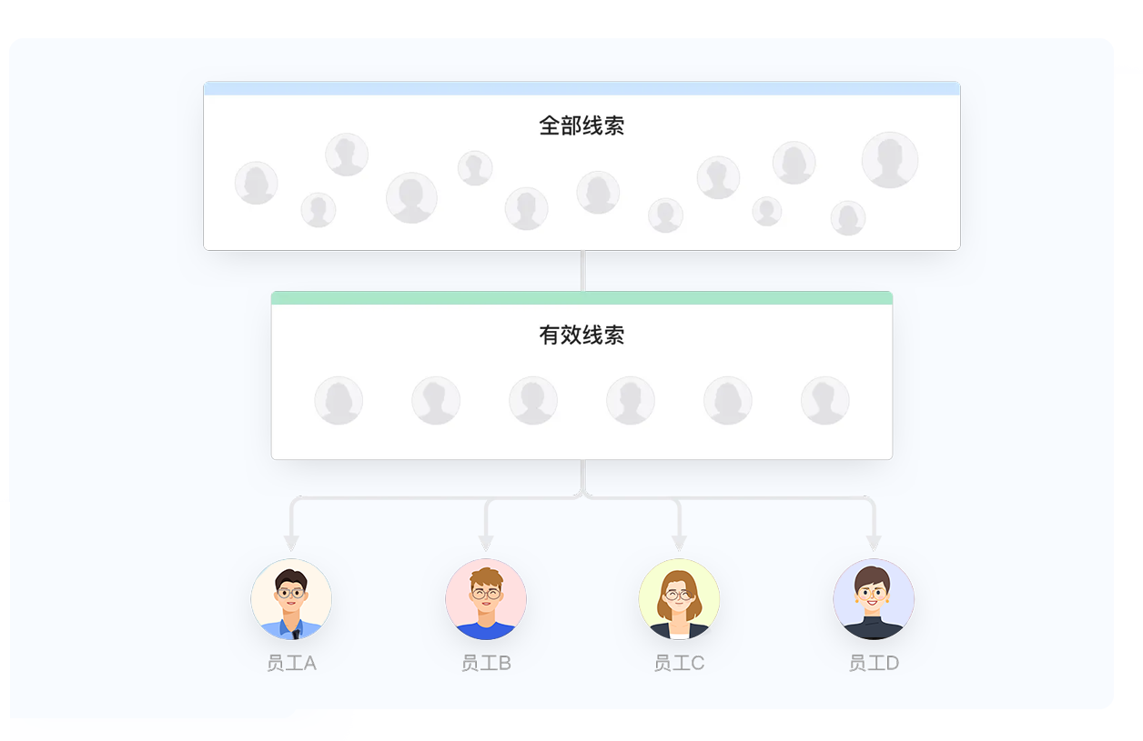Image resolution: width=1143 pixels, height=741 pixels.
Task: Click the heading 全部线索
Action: (x=582, y=125)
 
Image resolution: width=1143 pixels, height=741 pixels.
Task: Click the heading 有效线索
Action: (x=582, y=335)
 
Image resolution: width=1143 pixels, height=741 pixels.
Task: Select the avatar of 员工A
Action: (x=291, y=599)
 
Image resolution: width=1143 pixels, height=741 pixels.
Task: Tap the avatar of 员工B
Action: (x=486, y=599)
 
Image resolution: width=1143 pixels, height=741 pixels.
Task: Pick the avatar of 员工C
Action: (x=679, y=599)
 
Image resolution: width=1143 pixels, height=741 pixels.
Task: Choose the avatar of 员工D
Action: (x=874, y=599)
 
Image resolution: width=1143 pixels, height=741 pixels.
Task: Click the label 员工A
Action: (x=291, y=663)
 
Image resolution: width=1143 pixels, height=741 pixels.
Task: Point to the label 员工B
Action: (x=486, y=663)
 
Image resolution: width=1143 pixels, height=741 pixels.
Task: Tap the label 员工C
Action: (x=679, y=663)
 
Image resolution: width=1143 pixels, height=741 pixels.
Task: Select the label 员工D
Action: (x=874, y=663)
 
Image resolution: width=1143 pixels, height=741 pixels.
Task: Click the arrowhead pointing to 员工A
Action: (x=291, y=543)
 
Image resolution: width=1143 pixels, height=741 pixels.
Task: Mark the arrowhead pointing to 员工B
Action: (x=486, y=543)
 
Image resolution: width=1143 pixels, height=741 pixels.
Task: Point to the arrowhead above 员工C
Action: (x=679, y=543)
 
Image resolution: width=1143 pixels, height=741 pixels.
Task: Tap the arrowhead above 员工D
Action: (x=874, y=543)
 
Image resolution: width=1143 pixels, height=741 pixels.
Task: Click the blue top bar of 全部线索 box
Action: (x=582, y=88)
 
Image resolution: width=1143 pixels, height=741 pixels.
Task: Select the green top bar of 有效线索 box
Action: (x=582, y=298)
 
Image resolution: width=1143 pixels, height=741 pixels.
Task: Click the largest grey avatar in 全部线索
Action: (x=889, y=160)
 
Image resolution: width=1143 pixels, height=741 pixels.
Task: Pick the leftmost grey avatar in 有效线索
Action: (x=339, y=400)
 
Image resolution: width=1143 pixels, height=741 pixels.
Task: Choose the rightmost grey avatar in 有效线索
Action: (x=824, y=400)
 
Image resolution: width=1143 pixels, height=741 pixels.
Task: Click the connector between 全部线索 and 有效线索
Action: (x=582, y=270)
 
